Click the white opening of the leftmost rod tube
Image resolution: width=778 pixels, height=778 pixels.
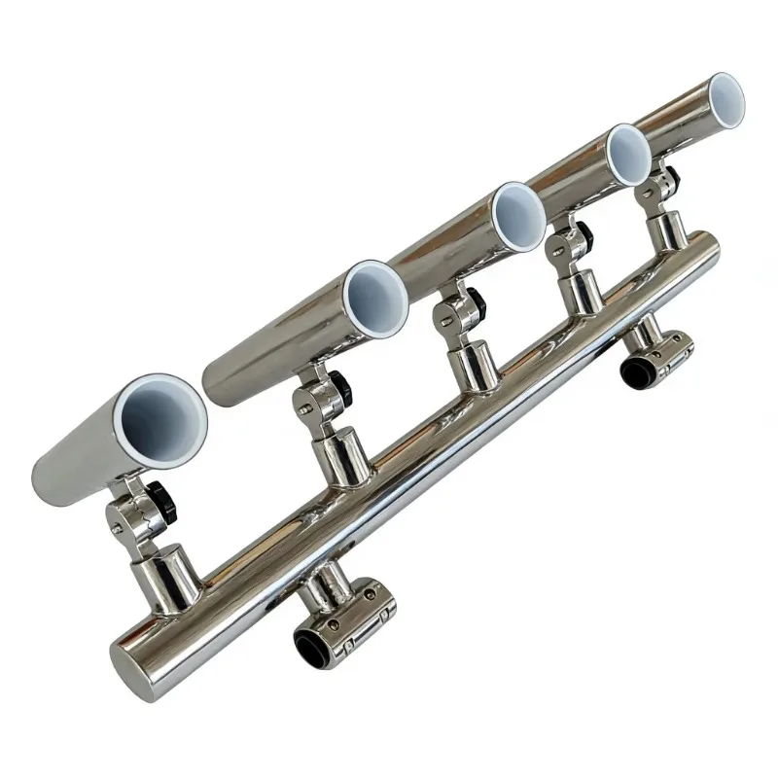pos(161,422)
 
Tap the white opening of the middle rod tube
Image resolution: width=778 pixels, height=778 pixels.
pos(517,214)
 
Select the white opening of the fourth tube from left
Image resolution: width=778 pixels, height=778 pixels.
pos(628,152)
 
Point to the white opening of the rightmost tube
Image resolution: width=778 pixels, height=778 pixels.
pos(724,99)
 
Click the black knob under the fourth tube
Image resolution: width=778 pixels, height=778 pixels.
pos(583,234)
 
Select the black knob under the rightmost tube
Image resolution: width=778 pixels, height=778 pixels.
pos(671,178)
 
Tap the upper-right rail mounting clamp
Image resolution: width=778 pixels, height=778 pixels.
pos(662,355)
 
